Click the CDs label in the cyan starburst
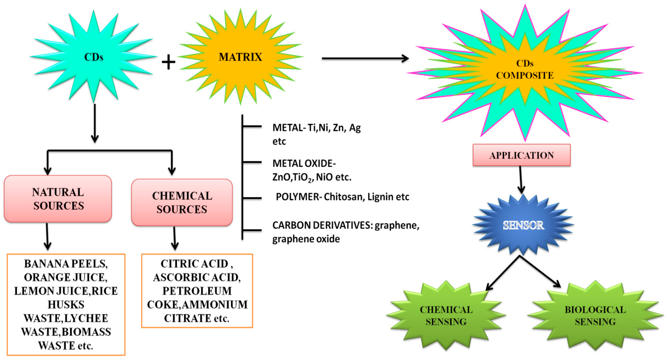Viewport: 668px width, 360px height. click(94, 57)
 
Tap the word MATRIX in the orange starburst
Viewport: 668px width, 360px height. click(240, 57)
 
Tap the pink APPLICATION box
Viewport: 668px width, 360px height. click(521, 155)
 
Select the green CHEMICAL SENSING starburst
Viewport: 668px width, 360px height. click(446, 316)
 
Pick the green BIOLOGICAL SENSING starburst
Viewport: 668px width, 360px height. click(595, 316)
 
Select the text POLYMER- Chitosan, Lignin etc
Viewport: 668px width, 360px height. click(342, 197)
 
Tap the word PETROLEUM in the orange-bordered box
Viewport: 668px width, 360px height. click(197, 291)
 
